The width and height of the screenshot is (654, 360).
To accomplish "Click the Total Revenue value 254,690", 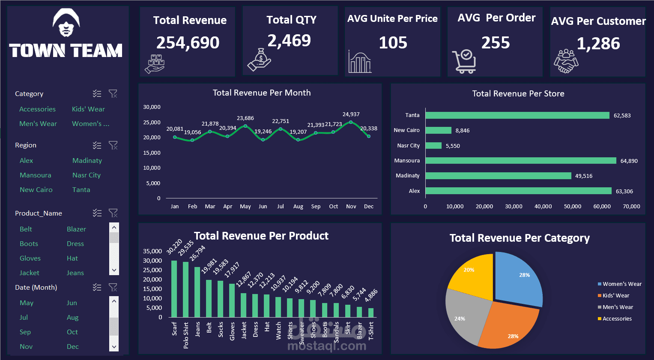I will click(x=188, y=42).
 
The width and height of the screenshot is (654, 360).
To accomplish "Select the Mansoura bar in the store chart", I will click(x=520, y=161).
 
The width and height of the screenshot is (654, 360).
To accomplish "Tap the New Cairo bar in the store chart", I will click(x=438, y=130).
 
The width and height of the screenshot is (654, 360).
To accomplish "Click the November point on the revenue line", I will click(x=351, y=122).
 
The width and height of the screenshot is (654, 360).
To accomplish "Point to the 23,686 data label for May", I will click(x=245, y=118).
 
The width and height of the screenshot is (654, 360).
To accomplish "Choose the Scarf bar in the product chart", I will click(x=174, y=288).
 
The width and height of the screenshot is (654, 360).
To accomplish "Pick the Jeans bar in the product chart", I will click(x=197, y=292).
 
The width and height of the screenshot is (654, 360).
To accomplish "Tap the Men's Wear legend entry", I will click(x=618, y=307).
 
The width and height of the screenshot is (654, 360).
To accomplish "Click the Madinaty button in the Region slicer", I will click(x=87, y=161).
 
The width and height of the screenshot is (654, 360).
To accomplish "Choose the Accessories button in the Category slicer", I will click(x=37, y=109).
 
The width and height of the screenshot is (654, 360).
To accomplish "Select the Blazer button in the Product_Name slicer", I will click(x=76, y=229).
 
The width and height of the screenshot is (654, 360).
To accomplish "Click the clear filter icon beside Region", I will click(x=113, y=145).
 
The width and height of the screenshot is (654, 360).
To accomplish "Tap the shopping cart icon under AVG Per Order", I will click(x=464, y=61).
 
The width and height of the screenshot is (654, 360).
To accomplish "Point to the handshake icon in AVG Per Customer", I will click(x=566, y=61).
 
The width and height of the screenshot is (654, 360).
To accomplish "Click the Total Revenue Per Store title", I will click(x=518, y=93).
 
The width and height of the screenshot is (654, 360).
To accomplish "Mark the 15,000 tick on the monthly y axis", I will click(x=152, y=153).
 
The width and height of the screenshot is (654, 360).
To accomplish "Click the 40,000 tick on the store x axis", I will click(x=543, y=207).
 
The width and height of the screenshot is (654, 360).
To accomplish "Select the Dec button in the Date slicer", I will click(x=73, y=347).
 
